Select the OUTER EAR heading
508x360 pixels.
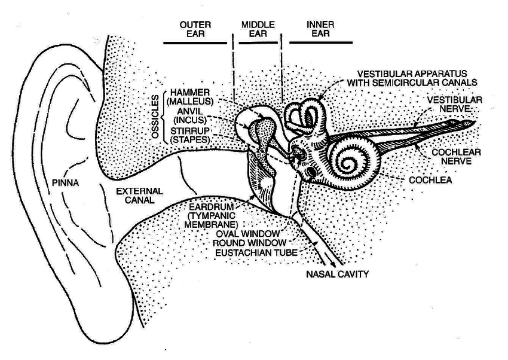pyautogui.click(x=193, y=29)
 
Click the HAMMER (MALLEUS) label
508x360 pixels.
pyautogui.click(x=190, y=97)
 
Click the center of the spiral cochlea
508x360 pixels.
pyautogui.click(x=351, y=160)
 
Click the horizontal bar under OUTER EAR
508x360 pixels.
pyautogui.click(x=193, y=43)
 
